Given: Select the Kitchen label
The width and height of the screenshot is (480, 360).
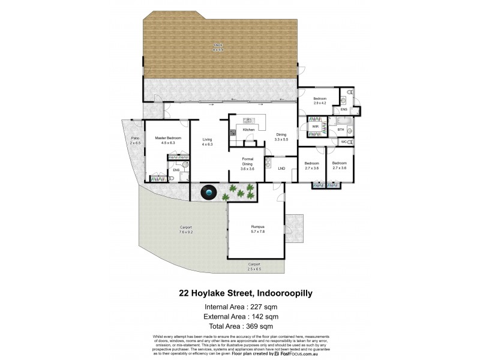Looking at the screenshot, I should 249,130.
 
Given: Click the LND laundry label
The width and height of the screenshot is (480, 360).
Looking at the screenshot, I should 281,169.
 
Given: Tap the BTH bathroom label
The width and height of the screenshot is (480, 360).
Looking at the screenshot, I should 341,129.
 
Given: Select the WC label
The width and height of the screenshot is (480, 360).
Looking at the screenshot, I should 344,142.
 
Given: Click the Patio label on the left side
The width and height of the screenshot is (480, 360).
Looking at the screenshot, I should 135,140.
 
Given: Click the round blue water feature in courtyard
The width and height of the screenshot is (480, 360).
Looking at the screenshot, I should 208,193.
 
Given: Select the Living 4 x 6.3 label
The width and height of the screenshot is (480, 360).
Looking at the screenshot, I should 208,140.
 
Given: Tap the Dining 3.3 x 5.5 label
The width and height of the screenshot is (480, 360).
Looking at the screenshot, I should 281,136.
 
